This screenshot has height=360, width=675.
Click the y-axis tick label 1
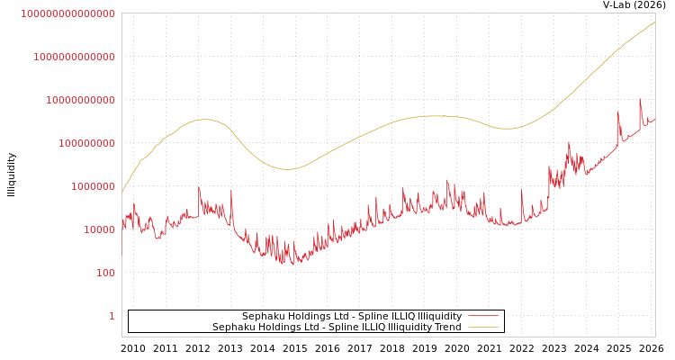[x=112, y=316]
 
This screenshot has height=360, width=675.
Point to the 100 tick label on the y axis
[x=105, y=273]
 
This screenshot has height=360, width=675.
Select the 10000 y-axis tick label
[x=100, y=229]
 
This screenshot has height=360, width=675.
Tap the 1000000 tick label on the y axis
[x=94, y=186]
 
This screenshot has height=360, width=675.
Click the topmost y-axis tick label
[x=67, y=13]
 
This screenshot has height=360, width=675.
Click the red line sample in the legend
[x=483, y=317]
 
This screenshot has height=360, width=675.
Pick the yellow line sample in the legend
[x=483, y=328]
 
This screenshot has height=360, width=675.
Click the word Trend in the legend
[x=446, y=328]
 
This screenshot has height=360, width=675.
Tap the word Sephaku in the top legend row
[x=265, y=317]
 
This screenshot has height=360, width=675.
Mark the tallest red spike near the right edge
[x=640, y=100]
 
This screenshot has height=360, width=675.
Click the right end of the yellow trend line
[x=654, y=22]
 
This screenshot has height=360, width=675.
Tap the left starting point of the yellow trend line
[x=122, y=192]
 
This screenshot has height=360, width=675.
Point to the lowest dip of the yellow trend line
[x=288, y=169]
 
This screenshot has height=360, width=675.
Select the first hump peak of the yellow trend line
[x=204, y=119]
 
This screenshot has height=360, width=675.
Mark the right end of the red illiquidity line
[x=654, y=118]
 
